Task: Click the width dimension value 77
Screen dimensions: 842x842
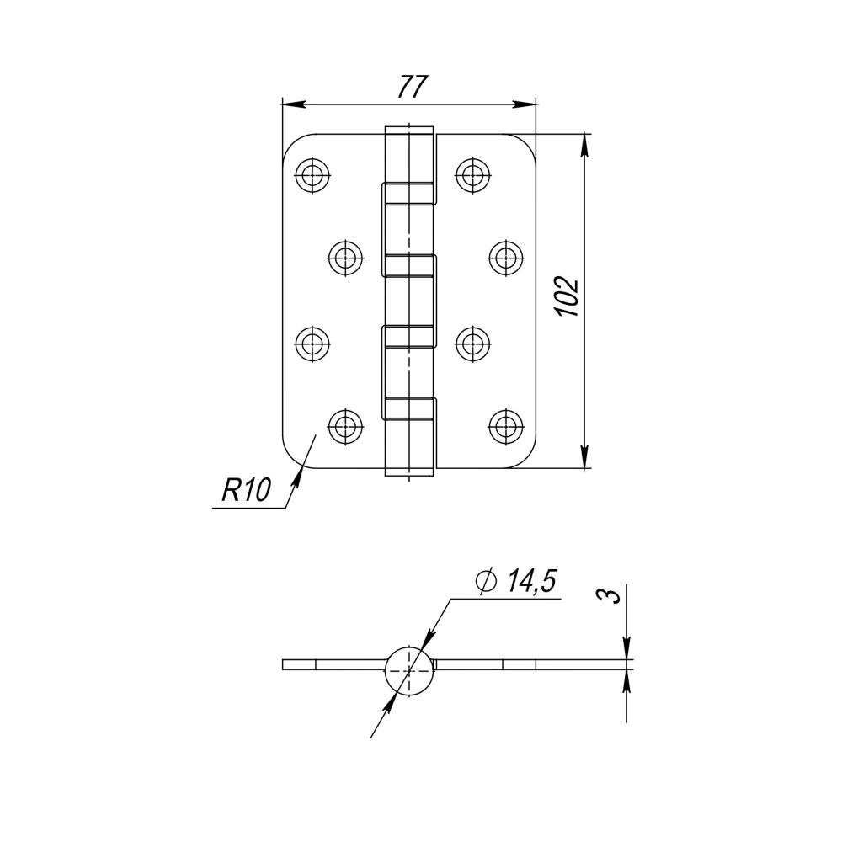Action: tap(413, 87)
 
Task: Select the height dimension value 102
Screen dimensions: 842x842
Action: tap(568, 296)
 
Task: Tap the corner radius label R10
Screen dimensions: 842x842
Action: tap(245, 490)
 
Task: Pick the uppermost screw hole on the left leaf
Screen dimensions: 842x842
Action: tap(313, 175)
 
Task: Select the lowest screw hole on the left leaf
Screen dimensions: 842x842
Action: tap(344, 426)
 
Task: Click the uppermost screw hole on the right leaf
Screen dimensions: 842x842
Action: tap(473, 175)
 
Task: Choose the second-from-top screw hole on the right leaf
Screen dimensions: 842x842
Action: tap(505, 258)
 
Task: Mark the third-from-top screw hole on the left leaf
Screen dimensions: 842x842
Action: tap(313, 343)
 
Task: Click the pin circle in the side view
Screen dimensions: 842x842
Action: tap(410, 671)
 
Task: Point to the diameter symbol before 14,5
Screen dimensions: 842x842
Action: tap(486, 581)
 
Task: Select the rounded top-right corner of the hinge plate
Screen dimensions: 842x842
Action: tap(528, 142)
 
